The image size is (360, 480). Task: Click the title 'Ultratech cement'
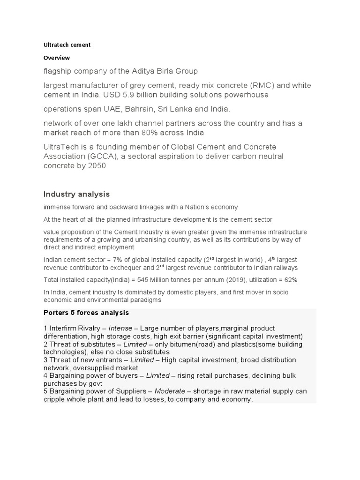pyautogui.click(x=67, y=45)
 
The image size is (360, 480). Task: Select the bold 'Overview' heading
pyautogui.click(x=57, y=58)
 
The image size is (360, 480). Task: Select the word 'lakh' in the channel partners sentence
pyautogui.click(x=135, y=123)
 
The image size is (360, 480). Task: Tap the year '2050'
pyautogui.click(x=97, y=165)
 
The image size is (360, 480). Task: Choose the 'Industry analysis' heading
pyautogui.click(x=76, y=194)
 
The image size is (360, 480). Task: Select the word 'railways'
pyautogui.click(x=284, y=268)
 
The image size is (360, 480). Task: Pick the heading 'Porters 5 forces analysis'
pyautogui.click(x=86, y=313)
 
